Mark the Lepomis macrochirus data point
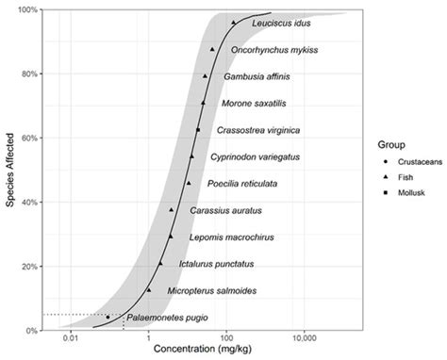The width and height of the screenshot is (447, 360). pos(171,237)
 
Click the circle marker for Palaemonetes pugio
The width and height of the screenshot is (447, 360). pos(108,318)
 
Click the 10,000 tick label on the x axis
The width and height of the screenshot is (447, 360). pos(304,338)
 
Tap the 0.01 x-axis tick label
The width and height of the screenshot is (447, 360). pos(69,338)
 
